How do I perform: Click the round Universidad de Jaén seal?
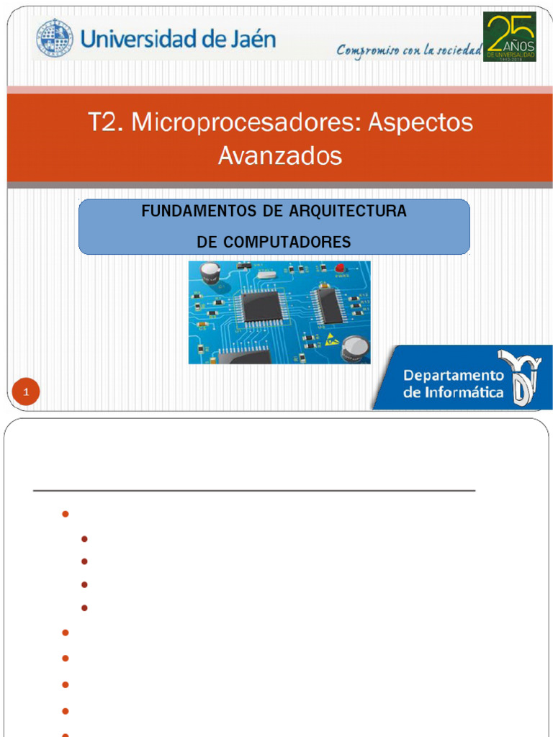coord(55,39)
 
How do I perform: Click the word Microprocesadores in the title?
coord(244,123)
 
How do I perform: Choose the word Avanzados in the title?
coord(280,155)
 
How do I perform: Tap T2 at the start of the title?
coord(104,123)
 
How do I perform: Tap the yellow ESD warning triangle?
coord(329,337)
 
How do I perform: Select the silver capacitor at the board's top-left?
coord(210,273)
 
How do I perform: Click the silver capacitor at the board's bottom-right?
coord(354,349)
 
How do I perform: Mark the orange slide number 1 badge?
coord(26,393)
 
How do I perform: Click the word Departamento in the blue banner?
coord(454,375)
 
